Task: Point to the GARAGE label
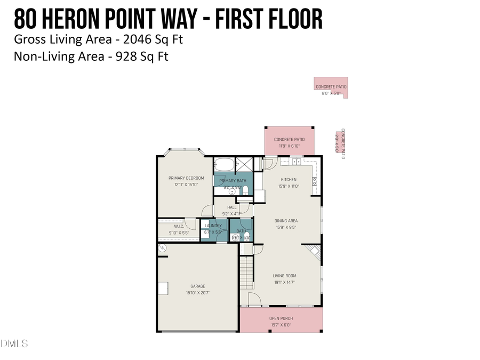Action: [x=197, y=286]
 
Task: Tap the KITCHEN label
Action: [x=289, y=180]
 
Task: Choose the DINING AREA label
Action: [x=286, y=221]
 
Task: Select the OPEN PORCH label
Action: [x=281, y=318]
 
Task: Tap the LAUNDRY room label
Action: [x=213, y=226]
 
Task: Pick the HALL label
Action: [x=231, y=207]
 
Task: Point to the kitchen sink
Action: [x=295, y=161]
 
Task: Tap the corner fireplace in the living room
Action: [x=314, y=252]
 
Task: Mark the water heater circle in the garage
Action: [x=162, y=248]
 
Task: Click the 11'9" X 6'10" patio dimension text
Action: [x=289, y=146]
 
